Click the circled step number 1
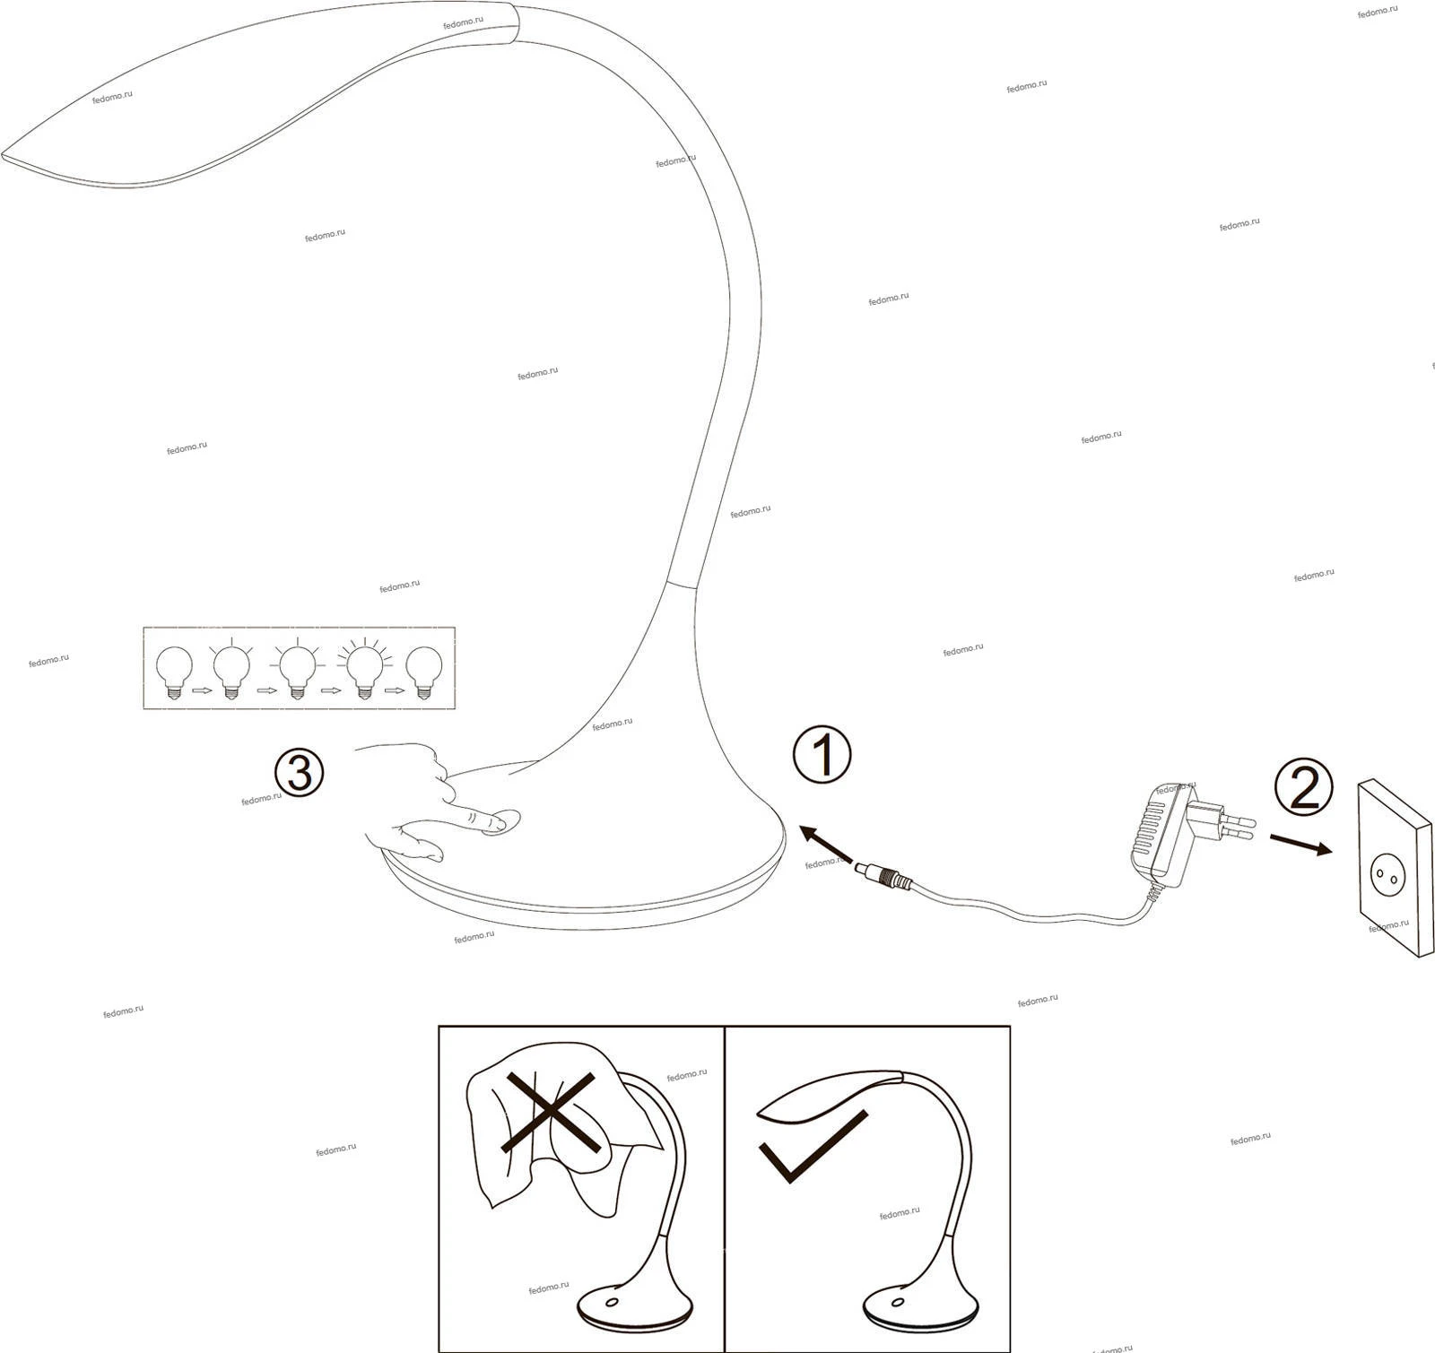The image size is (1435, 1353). (x=822, y=755)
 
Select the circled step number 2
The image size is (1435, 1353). (x=1304, y=788)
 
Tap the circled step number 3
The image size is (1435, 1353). (x=299, y=773)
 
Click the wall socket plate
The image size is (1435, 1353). (x=1395, y=868)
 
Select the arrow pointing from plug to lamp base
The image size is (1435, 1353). (x=825, y=844)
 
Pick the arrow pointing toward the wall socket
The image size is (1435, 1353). (x=1300, y=845)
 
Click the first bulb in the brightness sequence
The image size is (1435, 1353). (x=174, y=673)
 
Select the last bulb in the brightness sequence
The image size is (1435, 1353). (x=424, y=673)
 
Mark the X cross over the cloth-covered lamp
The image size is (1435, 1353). (x=551, y=1112)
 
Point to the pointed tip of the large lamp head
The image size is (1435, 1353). (x=3, y=154)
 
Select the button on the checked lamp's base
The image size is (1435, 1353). (x=896, y=1302)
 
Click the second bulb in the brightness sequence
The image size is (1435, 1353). (x=230, y=670)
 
